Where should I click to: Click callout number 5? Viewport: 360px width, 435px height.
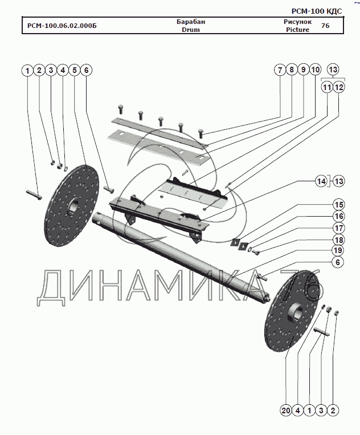pos(74,71)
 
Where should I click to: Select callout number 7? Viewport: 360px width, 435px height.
pos(279,71)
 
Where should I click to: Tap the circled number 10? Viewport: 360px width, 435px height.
pos(315,71)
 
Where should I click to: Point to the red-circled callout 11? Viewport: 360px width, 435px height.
pos(326,88)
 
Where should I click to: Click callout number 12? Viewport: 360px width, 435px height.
pos(339,88)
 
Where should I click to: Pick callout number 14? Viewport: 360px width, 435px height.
pos(322,182)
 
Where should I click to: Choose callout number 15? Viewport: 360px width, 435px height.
pos(339,205)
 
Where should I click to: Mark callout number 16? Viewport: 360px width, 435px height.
pos(339,217)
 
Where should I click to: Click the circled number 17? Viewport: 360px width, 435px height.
pos(339,228)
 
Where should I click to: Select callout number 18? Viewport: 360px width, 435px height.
pos(339,239)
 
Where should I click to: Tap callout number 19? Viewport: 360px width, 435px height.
pos(339,251)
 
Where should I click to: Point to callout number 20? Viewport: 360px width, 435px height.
pos(285,410)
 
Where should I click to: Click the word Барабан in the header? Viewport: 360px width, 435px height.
pos(191,22)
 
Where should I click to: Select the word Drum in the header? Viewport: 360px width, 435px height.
pos(191,30)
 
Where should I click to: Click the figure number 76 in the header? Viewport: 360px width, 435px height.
pos(325,26)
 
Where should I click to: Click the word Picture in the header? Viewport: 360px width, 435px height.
pos(297,30)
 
